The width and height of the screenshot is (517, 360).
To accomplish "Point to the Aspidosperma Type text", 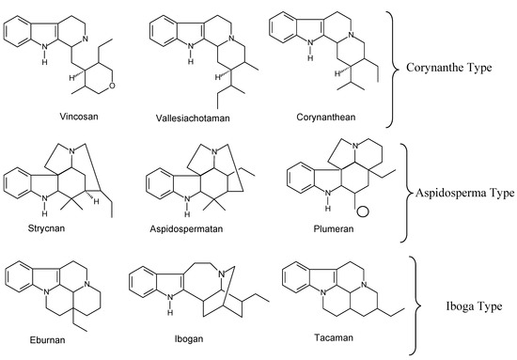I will [463, 193].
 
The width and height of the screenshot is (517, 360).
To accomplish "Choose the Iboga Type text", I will [471, 306].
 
